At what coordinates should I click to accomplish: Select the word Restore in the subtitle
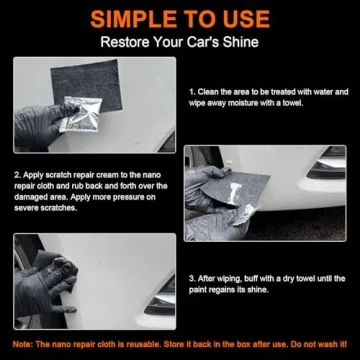[x=124, y=42]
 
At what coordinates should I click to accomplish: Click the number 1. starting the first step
[x=191, y=92]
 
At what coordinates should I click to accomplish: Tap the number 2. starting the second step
[x=16, y=175]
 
